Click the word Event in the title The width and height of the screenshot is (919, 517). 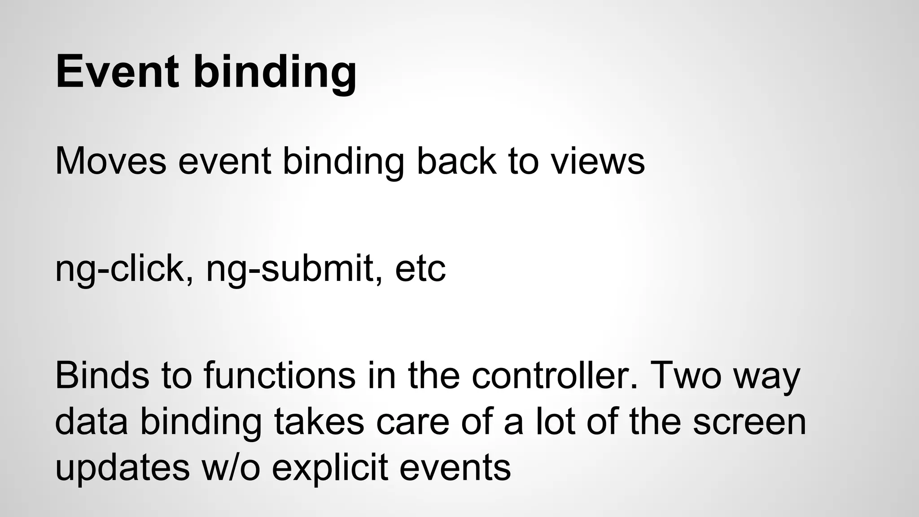[x=118, y=72]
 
